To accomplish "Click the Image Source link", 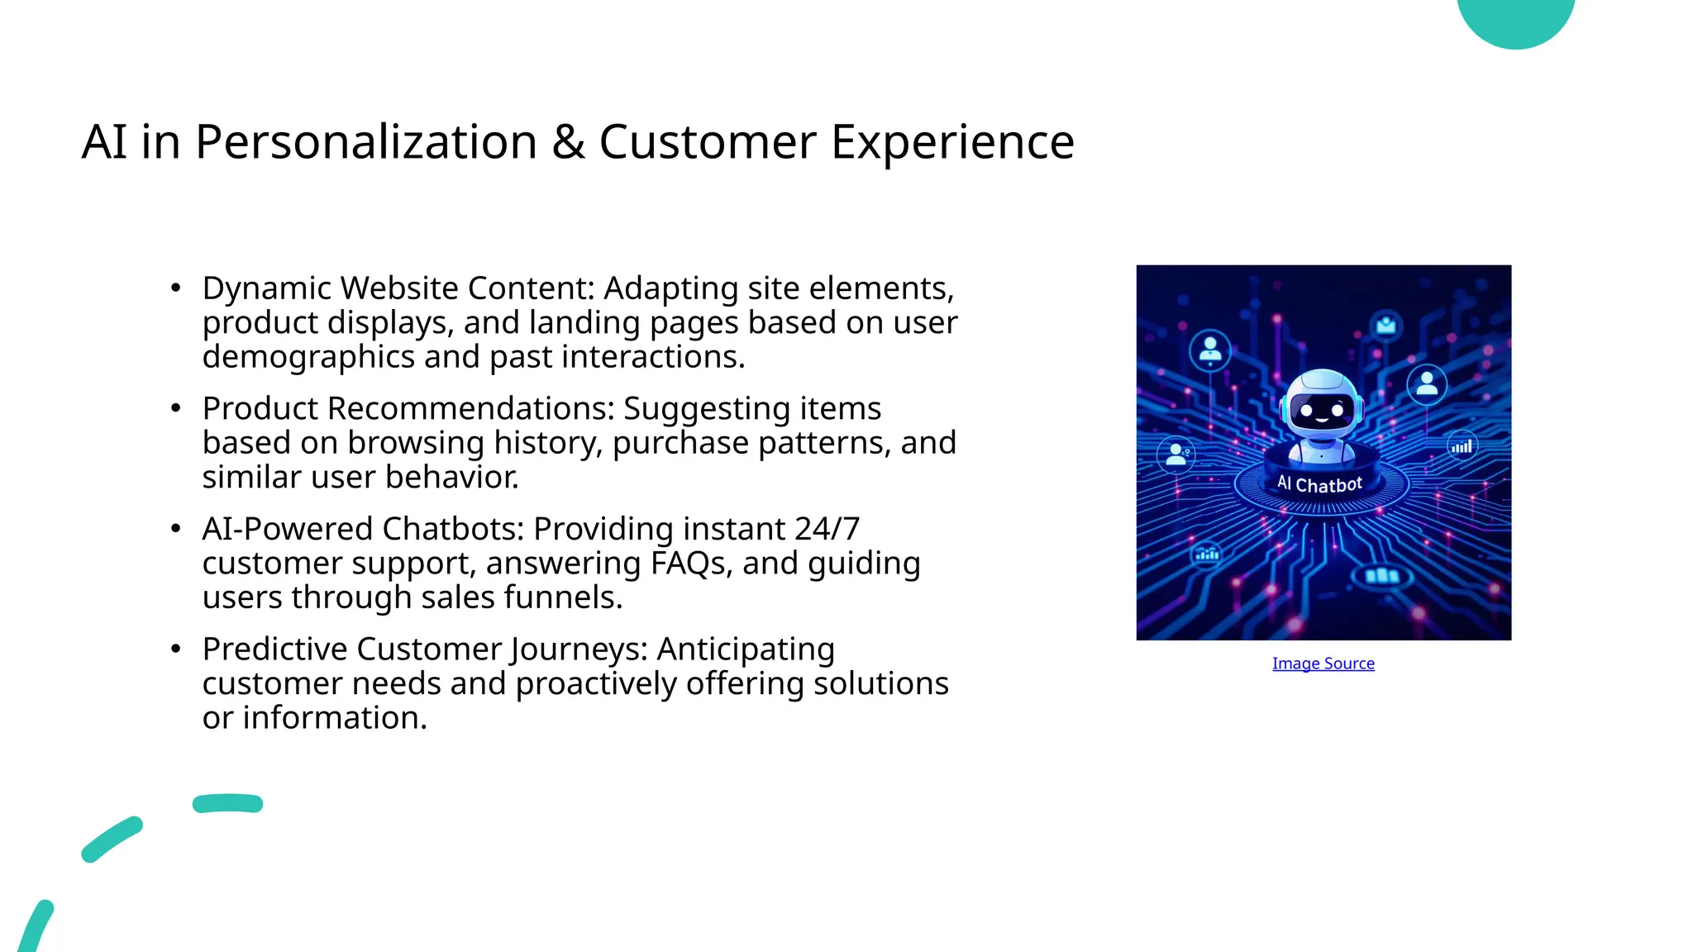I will [1323, 664].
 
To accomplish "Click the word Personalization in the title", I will [365, 142].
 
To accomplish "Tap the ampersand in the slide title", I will [568, 142].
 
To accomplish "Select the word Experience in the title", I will [952, 142].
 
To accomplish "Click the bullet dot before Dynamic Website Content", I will [175, 288].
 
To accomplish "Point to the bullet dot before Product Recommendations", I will [175, 408].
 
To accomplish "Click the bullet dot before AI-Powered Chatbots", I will [175, 529].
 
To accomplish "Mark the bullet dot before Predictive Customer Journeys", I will [175, 649].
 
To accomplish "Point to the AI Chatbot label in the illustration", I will [1319, 484].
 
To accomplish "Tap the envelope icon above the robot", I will [1386, 326].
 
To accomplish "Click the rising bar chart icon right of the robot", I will [1462, 446].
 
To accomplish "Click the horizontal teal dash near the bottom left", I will [227, 803].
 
